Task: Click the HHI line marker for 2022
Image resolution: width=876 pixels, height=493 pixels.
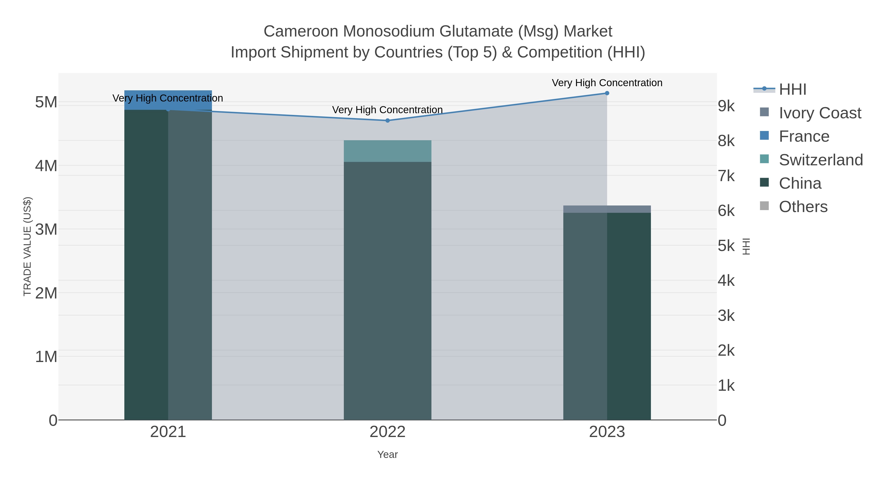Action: tap(387, 121)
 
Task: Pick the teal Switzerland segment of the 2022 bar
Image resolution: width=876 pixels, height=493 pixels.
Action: tap(387, 151)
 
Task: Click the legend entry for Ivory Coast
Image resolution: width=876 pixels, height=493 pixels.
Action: tap(820, 113)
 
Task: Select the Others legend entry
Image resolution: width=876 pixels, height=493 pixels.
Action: tap(803, 207)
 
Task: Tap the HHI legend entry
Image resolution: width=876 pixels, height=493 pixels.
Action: tap(792, 90)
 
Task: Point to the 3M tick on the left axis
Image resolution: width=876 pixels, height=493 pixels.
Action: tap(46, 230)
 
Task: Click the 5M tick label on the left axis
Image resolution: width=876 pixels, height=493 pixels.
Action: tap(46, 102)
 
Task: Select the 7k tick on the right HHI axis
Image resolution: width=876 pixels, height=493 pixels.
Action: tap(726, 176)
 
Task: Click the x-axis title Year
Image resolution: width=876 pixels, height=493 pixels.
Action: tap(387, 455)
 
